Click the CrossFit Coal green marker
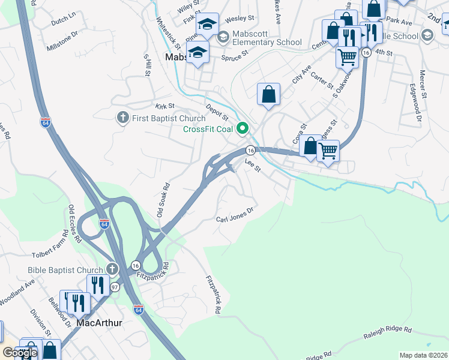pyautogui.click(x=243, y=128)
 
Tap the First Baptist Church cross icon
pyautogui.click(x=122, y=118)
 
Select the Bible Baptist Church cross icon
pyautogui.click(x=112, y=268)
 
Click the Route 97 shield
pyautogui.click(x=114, y=288)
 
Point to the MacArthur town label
pyautogui.click(x=100, y=323)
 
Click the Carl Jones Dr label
pyautogui.click(x=236, y=215)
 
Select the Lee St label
pyautogui.click(x=253, y=166)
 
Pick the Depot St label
pyautogui.click(x=217, y=112)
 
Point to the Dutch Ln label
pyautogui.click(x=64, y=20)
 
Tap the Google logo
pyautogui.click(x=20, y=353)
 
